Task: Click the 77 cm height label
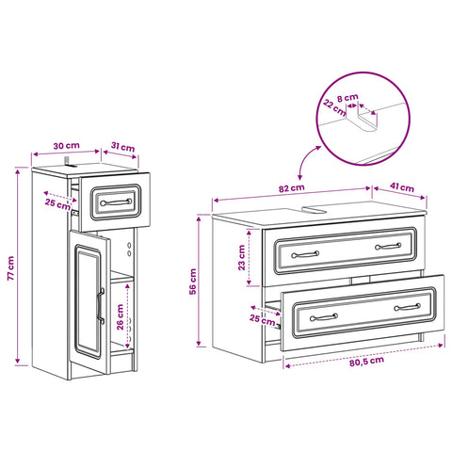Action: point(10,268)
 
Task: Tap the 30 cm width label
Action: point(66,146)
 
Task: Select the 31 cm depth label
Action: point(122,147)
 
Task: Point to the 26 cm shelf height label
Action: point(121,317)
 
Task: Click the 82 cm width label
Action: point(292,188)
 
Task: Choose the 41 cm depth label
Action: point(402,187)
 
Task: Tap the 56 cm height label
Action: point(193,282)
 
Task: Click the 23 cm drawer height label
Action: point(241,258)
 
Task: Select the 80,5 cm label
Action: point(366,361)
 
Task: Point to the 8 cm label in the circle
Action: point(347,98)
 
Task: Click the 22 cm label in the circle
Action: point(334,107)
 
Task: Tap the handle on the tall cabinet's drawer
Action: point(116,202)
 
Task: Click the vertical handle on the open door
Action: point(101,305)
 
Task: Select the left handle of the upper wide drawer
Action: point(305,254)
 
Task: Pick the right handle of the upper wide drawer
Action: point(388,246)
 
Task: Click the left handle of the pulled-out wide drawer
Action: point(324,317)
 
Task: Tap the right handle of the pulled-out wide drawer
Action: point(408,307)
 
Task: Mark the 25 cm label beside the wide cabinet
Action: point(263,319)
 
